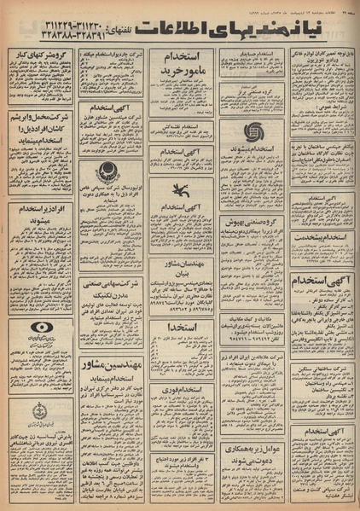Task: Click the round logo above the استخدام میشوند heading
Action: point(254,133)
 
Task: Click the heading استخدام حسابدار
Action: point(254,54)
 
